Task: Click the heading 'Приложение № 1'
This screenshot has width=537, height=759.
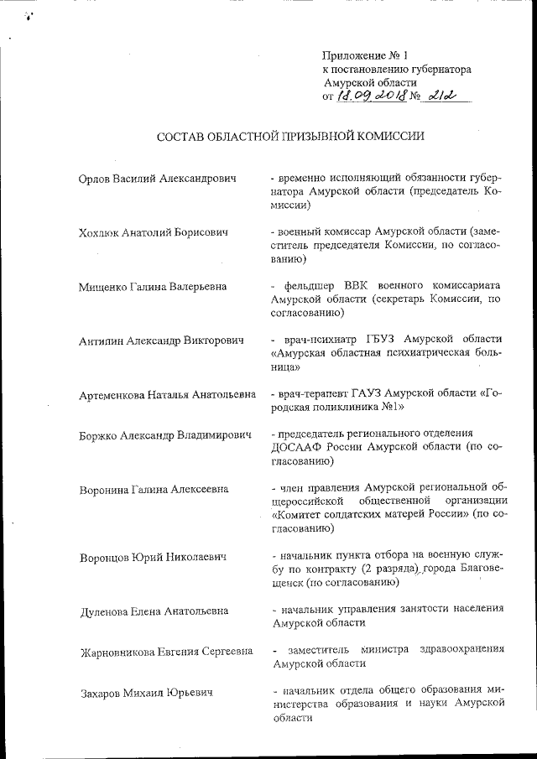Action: tap(364, 55)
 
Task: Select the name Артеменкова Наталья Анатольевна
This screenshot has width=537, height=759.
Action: tap(167, 394)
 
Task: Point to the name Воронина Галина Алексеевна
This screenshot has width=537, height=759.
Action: tap(152, 489)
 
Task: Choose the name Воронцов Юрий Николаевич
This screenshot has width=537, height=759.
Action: tap(152, 557)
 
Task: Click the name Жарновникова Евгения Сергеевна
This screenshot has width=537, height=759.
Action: tap(164, 652)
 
